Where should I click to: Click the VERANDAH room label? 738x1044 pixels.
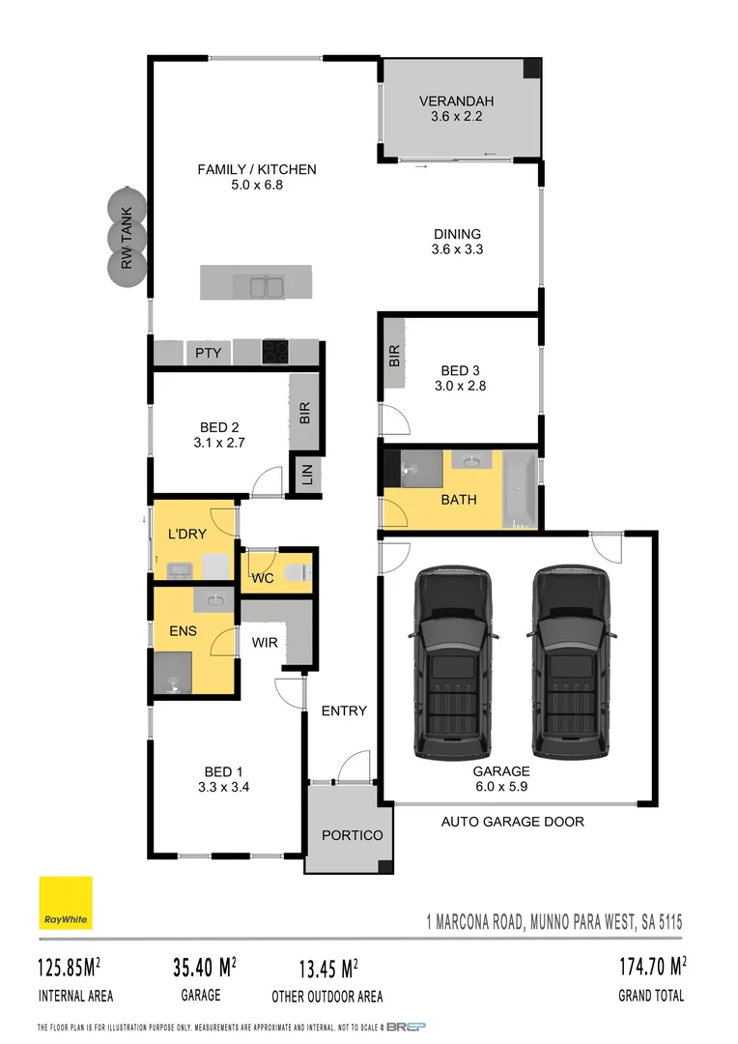457,101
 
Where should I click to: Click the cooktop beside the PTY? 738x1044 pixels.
275,351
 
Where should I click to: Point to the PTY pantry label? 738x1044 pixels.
208,353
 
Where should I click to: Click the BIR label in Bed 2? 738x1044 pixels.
305,414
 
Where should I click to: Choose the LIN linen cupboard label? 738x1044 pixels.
307,476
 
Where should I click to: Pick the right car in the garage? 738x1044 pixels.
571,662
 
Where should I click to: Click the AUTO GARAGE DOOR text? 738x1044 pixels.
513,823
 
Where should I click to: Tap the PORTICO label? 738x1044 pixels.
353,835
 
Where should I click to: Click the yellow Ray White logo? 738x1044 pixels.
66,903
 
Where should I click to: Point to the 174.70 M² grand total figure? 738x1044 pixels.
652,966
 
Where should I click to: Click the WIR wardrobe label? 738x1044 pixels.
266,642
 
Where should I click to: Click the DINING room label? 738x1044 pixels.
457,233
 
